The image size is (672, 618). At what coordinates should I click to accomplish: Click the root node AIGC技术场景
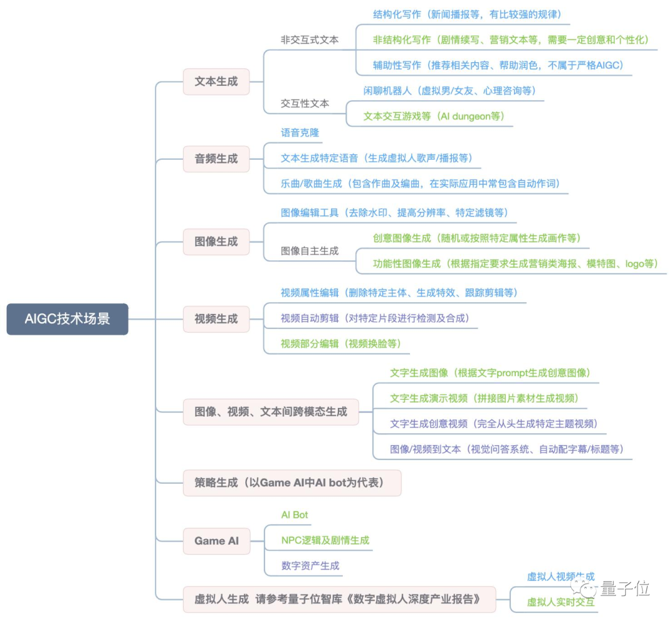[67, 319]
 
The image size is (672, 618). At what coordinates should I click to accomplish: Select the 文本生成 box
[216, 81]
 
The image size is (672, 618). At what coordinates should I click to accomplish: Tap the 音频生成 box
[216, 159]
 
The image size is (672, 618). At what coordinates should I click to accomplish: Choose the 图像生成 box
[216, 241]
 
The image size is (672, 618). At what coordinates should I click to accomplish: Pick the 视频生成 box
[216, 319]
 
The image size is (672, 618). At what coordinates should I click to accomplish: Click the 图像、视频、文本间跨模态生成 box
[271, 412]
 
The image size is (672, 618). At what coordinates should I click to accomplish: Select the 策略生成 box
[292, 483]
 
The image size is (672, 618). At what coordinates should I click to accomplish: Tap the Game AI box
[216, 541]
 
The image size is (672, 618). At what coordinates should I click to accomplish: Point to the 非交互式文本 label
[309, 39]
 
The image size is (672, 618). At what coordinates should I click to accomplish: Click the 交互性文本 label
[305, 103]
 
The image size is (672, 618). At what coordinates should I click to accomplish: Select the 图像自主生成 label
[309, 251]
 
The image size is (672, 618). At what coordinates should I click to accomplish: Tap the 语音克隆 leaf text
[300, 132]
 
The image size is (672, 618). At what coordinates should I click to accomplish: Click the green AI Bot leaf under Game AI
[294, 515]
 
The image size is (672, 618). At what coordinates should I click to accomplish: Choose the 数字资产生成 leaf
[310, 566]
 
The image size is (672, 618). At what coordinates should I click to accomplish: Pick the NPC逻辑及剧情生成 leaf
[325, 540]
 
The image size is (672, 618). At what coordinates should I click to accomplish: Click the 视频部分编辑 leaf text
[340, 343]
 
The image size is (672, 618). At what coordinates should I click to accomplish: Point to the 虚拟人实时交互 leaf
[560, 602]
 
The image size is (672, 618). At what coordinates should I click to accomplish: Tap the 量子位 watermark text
[625, 588]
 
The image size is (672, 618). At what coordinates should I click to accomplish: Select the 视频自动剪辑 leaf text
[375, 318]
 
